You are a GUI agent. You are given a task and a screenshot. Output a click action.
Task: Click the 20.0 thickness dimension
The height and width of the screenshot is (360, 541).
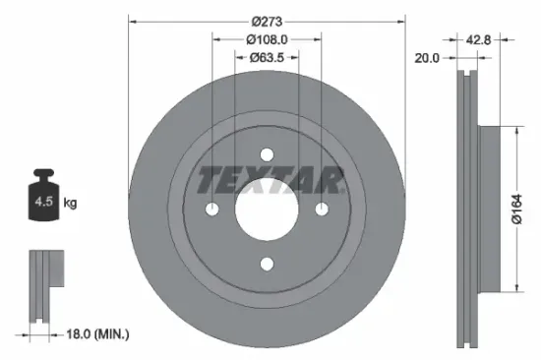[427, 58]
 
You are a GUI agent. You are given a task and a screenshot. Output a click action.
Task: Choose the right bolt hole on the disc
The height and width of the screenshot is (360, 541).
[322, 209]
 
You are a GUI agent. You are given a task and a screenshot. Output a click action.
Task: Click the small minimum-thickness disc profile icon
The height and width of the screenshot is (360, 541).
[40, 285]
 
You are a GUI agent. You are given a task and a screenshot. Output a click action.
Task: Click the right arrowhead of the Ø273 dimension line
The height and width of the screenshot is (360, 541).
[402, 21]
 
